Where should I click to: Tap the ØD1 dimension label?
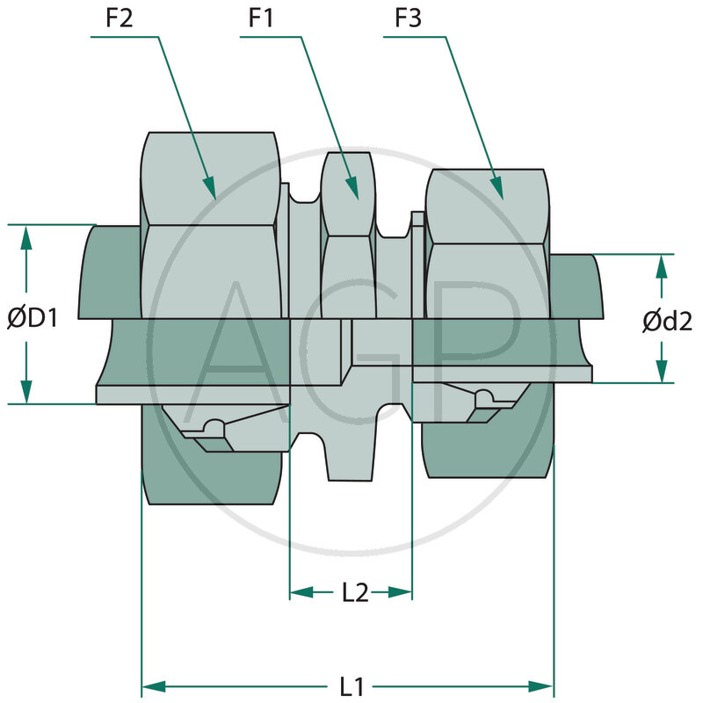[x=33, y=318]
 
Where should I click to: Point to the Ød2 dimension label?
[x=667, y=322]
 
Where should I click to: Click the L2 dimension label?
[x=354, y=592]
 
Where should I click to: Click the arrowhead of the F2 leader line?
[x=210, y=188]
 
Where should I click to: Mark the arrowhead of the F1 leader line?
[x=352, y=188]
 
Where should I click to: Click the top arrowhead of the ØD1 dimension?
[x=26, y=236]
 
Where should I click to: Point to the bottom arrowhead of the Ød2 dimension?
[x=661, y=372]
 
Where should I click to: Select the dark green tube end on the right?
[x=576, y=286]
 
